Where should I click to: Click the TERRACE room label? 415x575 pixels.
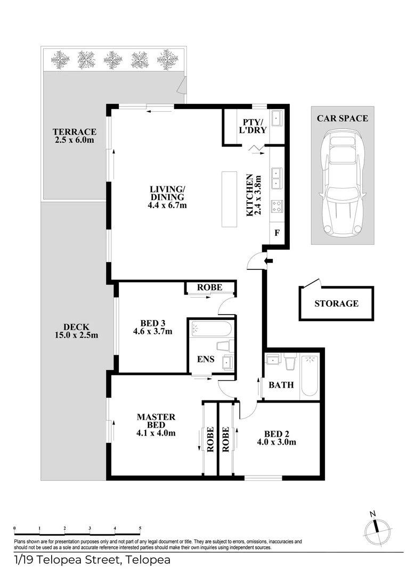(75, 132)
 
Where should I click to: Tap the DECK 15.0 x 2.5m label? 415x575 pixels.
(76, 331)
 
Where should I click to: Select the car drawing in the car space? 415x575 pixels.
(343, 182)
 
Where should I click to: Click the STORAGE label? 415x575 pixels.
(337, 303)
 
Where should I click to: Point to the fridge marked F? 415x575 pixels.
(277, 233)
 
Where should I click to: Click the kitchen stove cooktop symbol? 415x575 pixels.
(276, 206)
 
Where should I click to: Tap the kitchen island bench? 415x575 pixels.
(229, 199)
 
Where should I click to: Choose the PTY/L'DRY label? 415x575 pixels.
(254, 126)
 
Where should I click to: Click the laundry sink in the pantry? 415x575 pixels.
(276, 118)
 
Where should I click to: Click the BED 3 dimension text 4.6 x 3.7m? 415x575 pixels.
(153, 332)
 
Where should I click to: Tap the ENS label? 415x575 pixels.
(206, 359)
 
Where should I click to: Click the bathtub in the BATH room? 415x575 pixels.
(310, 376)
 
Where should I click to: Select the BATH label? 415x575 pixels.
(281, 385)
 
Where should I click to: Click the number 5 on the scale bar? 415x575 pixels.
(140, 528)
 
